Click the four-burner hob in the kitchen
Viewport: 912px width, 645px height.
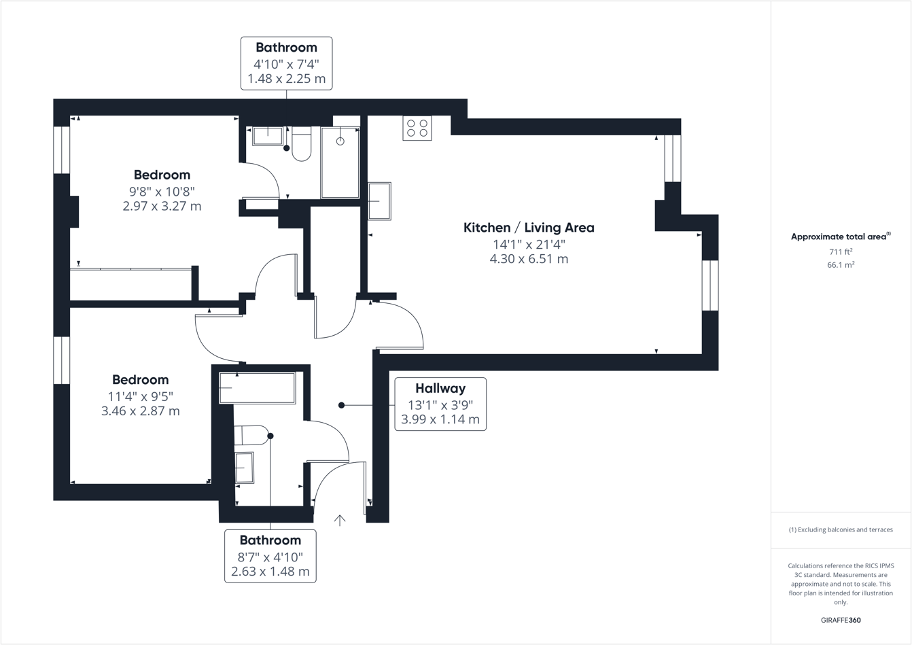tap(417, 128)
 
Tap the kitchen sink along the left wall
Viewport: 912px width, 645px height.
tap(379, 201)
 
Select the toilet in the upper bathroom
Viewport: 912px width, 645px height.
tap(301, 144)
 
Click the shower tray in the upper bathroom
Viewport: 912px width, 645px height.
tap(340, 162)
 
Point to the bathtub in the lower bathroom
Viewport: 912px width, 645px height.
tap(257, 387)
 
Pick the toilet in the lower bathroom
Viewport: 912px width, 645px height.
tap(251, 435)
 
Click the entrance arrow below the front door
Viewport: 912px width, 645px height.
tap(340, 521)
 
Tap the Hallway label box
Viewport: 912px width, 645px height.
tap(440, 404)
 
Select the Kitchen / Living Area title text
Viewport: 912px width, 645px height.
tap(529, 228)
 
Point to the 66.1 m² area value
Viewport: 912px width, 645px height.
tap(840, 265)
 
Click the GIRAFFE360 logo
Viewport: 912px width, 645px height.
tap(841, 620)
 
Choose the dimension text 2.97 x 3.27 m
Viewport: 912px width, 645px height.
tap(162, 206)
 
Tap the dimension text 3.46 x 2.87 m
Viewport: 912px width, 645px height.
tap(140, 411)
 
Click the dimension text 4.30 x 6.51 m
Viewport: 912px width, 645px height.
tap(529, 259)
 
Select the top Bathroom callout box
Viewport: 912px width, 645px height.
tap(286, 63)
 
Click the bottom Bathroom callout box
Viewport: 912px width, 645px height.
tap(270, 556)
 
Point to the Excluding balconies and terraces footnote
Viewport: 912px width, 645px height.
tap(841, 529)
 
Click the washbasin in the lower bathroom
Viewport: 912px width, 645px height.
tap(244, 468)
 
